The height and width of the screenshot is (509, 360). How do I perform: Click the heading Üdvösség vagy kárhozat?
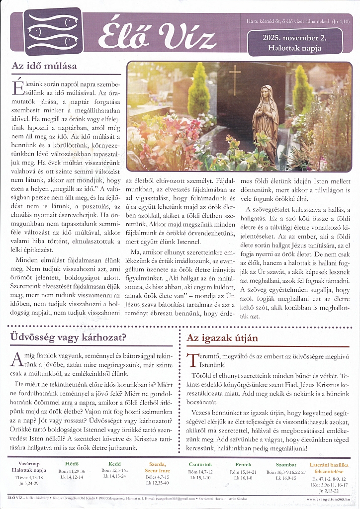click(x=68, y=338)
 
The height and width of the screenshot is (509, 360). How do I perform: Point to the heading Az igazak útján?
click(x=222, y=338)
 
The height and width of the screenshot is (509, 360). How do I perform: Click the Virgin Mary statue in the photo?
click(x=267, y=122)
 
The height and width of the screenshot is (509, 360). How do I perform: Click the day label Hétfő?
click(x=72, y=464)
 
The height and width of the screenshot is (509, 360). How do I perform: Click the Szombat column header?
click(x=286, y=464)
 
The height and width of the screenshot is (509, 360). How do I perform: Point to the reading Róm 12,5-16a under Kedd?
click(x=114, y=470)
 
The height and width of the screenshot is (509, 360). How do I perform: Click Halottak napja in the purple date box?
click(x=295, y=48)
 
